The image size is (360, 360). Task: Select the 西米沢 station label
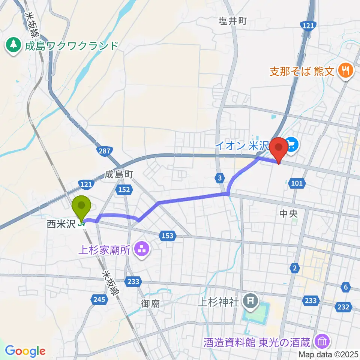pyautogui.click(x=61, y=224)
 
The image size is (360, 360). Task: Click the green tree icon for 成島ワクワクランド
pyautogui.click(x=14, y=46)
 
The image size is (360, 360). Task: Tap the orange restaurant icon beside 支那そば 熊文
pyautogui.click(x=344, y=71)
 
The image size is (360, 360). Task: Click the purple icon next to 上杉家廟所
pyautogui.click(x=142, y=249)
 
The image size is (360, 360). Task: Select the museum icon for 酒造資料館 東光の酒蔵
pyautogui.click(x=322, y=342)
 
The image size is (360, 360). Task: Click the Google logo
pyautogui.click(x=25, y=351)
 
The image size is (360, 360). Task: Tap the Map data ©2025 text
pyautogui.click(x=329, y=354)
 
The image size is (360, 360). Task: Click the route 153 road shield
pyautogui.click(x=168, y=235)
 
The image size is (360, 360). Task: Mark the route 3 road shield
pyautogui.click(x=219, y=177)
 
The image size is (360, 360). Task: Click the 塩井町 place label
pyautogui.click(x=232, y=21)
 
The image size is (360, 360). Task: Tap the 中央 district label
pyautogui.click(x=288, y=214)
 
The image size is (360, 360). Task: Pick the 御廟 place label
pyautogui.click(x=151, y=303)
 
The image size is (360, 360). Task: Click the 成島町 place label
pyautogui.click(x=119, y=174)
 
